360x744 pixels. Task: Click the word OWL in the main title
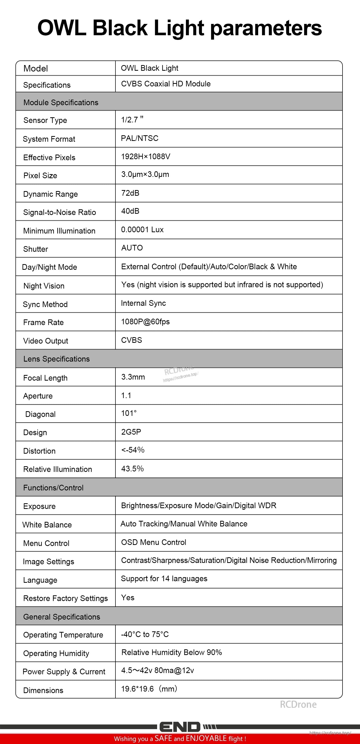tap(62, 28)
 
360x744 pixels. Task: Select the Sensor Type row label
tap(45, 120)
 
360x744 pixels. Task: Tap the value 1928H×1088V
tap(146, 157)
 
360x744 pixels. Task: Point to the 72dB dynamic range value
tap(130, 193)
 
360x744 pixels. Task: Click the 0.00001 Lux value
tap(142, 230)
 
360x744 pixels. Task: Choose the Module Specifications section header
tap(61, 103)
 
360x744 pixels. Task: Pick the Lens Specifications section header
tap(57, 359)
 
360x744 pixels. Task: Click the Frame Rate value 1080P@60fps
tap(145, 322)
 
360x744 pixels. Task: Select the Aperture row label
tap(38, 396)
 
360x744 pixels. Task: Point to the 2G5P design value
tap(131, 432)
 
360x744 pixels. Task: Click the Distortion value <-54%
tap(133, 450)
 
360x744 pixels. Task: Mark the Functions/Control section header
tap(53, 488)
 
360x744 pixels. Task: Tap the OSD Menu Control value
tap(154, 542)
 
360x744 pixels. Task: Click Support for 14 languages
tap(164, 579)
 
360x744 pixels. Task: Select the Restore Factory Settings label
tap(66, 598)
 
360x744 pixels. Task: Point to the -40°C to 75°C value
tap(145, 634)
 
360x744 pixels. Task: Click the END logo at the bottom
tap(179, 727)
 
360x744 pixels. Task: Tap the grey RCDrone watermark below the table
tap(298, 705)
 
